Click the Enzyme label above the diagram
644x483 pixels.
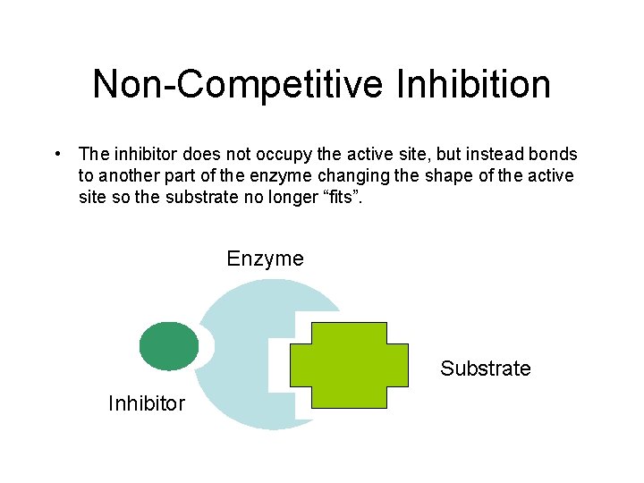pos(265,259)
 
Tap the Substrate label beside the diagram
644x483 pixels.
pos(485,369)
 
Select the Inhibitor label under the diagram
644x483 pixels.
pos(146,403)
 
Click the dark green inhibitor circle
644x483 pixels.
pos(169,345)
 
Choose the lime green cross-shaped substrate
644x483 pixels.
pos(349,365)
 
